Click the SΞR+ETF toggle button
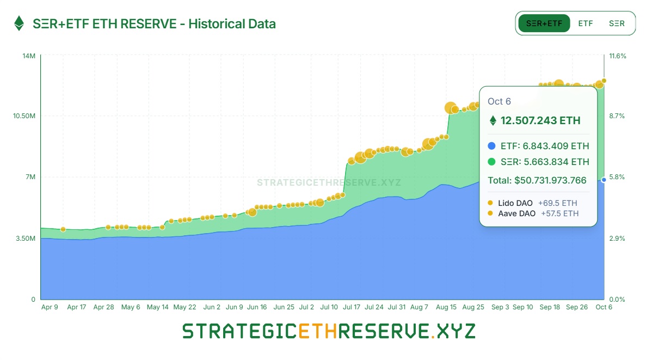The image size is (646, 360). point(544,23)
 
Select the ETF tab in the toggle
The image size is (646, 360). point(586,23)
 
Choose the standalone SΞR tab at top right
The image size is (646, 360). point(617,23)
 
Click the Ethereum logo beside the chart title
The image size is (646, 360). point(19,23)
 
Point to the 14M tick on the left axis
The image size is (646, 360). point(29,56)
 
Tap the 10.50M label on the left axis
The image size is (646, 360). point(24,116)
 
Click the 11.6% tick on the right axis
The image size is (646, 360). point(617,56)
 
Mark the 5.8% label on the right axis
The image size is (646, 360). point(616,177)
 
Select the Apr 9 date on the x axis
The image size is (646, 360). point(50,307)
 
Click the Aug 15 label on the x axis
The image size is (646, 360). point(446,307)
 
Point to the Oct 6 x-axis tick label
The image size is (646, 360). point(602,307)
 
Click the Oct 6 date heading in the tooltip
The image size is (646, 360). point(499,101)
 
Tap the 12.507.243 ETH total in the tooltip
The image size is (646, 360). point(540,120)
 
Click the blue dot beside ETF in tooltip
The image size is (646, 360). point(492,146)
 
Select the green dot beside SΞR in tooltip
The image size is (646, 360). point(492,162)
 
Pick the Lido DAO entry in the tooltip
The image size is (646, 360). point(515,203)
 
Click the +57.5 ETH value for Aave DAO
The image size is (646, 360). point(559,213)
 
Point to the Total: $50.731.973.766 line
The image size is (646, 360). point(537,180)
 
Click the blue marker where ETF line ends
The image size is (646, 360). point(604,180)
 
